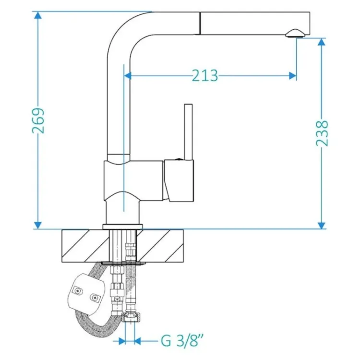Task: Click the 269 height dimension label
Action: tap(38, 120)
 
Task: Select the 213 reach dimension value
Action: tap(205, 75)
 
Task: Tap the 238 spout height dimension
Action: tap(322, 133)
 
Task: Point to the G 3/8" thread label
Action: tap(182, 341)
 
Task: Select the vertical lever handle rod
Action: tap(188, 132)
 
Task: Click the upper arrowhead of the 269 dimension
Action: tap(38, 15)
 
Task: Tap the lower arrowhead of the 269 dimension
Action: tap(38, 225)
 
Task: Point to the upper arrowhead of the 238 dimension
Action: tap(322, 42)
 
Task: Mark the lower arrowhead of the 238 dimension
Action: tap(322, 225)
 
